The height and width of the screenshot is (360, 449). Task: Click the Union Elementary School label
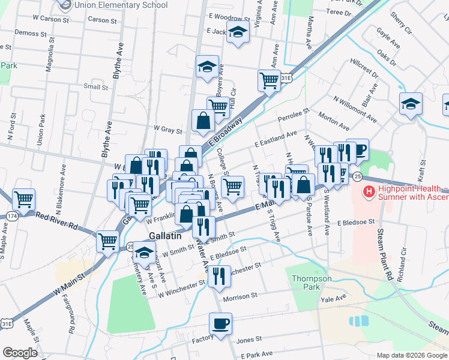point(119,5)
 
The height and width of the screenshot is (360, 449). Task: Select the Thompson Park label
point(311,283)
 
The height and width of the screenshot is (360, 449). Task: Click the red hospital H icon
point(369,192)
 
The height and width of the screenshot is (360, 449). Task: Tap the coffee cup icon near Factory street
point(220,324)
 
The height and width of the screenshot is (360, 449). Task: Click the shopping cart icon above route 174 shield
point(23,199)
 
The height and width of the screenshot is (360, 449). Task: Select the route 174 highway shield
point(13,215)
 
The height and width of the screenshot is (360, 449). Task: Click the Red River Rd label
point(57,220)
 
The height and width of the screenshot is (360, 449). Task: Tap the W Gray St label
point(167,128)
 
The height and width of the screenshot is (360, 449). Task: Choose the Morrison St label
point(240,296)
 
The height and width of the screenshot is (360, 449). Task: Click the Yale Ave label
point(334,298)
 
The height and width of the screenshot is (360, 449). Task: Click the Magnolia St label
point(49,54)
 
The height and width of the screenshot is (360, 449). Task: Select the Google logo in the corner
point(20,353)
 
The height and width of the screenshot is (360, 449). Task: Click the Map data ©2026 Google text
point(411,355)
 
